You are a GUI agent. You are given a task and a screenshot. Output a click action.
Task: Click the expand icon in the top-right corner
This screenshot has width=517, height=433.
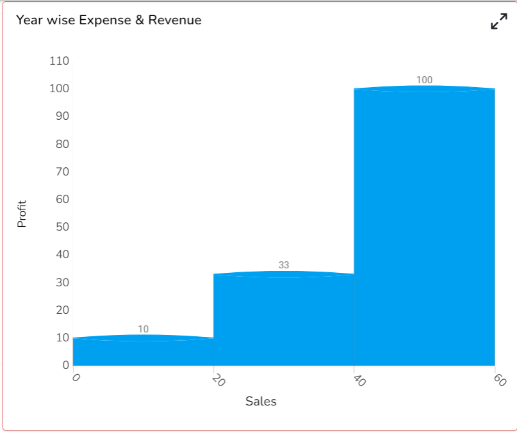498,21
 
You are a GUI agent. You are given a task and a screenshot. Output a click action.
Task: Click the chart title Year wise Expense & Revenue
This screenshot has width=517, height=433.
108,20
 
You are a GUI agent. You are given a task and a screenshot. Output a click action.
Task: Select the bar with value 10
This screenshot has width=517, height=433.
143,352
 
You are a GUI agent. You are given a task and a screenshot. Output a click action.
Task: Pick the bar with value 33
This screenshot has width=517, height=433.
284,320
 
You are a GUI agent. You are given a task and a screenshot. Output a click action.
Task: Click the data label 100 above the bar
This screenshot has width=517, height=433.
424,80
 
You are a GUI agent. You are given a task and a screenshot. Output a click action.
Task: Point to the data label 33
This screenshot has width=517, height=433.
284,265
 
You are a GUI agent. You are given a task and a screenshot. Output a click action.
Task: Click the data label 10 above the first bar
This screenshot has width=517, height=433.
143,329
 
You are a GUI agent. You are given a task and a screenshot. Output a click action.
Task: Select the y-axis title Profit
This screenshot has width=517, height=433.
22,214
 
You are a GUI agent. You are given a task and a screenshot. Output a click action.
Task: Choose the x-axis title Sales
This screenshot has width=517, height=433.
261,402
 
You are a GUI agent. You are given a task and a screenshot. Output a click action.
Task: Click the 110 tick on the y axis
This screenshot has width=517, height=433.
59,61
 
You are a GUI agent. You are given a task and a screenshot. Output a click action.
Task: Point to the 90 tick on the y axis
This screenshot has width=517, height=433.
62,117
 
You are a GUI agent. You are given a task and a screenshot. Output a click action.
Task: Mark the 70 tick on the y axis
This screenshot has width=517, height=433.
62,172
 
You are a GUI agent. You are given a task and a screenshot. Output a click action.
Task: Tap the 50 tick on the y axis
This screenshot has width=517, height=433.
62,227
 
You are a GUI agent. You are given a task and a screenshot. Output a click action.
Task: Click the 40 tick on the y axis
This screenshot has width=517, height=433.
62,255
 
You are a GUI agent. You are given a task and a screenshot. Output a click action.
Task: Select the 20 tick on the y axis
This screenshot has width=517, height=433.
62,310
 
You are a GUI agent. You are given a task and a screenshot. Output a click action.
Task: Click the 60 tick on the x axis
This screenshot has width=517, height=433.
500,380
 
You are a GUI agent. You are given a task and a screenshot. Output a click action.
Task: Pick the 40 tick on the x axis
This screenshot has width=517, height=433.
359,380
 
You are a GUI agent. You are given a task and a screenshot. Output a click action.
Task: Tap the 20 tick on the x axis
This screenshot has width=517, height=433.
218,380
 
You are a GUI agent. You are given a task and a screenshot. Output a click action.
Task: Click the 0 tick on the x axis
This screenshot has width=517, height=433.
76,378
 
